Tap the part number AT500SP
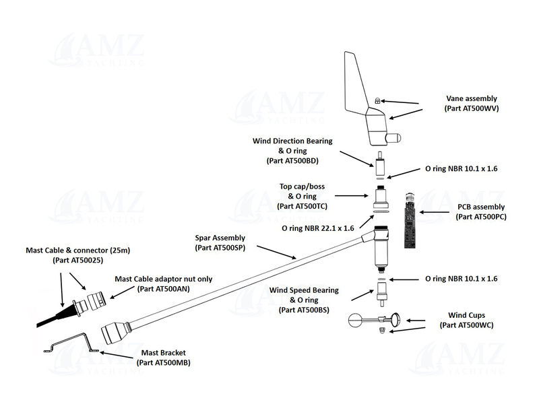pyautogui.click(x=226, y=248)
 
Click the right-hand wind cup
pyautogui.click(x=398, y=320)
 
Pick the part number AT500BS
pyautogui.click(x=307, y=310)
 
